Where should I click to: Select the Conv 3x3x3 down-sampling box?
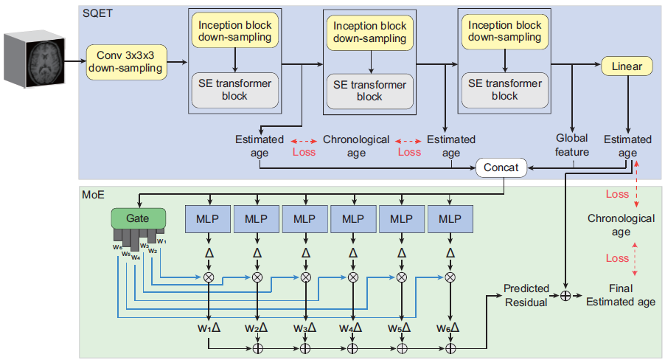[x=126, y=62]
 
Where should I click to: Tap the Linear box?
[x=627, y=66]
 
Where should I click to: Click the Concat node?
[x=501, y=167]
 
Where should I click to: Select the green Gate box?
[x=139, y=218]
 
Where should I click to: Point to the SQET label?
[x=97, y=13]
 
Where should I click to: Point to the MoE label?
[x=94, y=195]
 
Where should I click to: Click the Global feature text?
[x=572, y=145]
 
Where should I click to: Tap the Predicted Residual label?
[x=526, y=296]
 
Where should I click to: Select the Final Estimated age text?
[x=621, y=295]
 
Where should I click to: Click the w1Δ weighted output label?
[x=209, y=328]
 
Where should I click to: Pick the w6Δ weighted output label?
[x=448, y=328]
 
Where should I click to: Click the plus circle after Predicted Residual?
[x=565, y=296]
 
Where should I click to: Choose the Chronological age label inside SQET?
[x=356, y=145]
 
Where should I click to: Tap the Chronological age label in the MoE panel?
[x=621, y=224]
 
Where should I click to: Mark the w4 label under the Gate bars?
[x=136, y=257]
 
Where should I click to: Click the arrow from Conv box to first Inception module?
[x=177, y=63]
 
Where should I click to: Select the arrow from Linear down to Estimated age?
[x=628, y=105]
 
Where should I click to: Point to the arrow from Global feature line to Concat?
[x=551, y=168]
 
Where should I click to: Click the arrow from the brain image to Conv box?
[x=75, y=61]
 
